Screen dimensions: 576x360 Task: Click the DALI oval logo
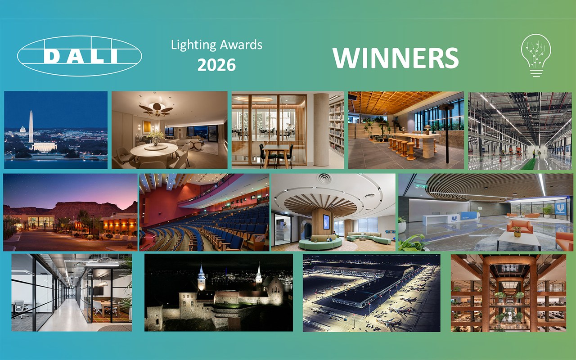80,56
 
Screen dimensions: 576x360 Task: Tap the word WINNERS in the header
396,58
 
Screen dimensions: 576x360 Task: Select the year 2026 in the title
216,65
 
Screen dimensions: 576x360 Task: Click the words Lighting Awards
216,45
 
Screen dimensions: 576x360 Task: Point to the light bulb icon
536,55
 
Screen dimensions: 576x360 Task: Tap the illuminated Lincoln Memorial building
44,146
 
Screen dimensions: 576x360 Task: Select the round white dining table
154,150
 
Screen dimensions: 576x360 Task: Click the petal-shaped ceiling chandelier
156,109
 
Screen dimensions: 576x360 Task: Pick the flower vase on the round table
156,138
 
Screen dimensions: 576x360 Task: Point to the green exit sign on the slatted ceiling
420,186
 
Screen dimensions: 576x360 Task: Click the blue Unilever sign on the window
561,208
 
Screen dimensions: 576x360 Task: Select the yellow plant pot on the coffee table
517,234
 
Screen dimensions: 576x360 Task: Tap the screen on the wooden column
326,221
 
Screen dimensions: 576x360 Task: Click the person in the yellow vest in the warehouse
534,153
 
